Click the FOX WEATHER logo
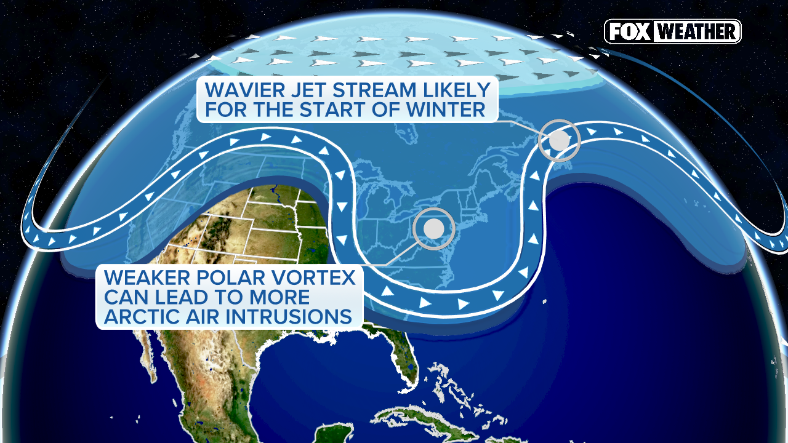pos(672,31)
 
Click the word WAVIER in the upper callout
pos(242,90)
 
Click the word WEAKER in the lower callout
pos(146,277)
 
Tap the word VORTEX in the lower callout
pos(315,277)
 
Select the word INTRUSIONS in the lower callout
pos(292,317)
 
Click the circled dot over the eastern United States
pos(433,228)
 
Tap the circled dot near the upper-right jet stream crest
pos(559,140)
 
